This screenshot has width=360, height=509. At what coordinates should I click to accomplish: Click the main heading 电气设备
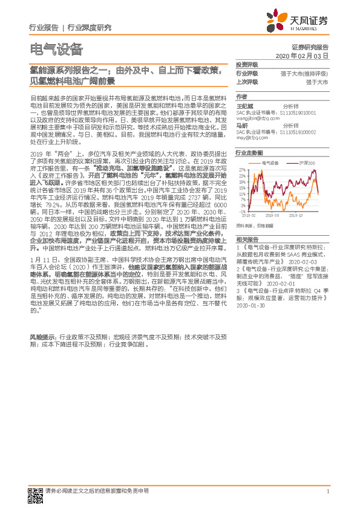click(56, 50)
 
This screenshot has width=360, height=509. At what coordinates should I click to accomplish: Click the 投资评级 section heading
click(247, 64)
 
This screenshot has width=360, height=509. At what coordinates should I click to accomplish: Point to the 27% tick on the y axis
click(242, 170)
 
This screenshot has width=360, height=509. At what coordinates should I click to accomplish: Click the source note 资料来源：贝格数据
click(252, 225)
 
